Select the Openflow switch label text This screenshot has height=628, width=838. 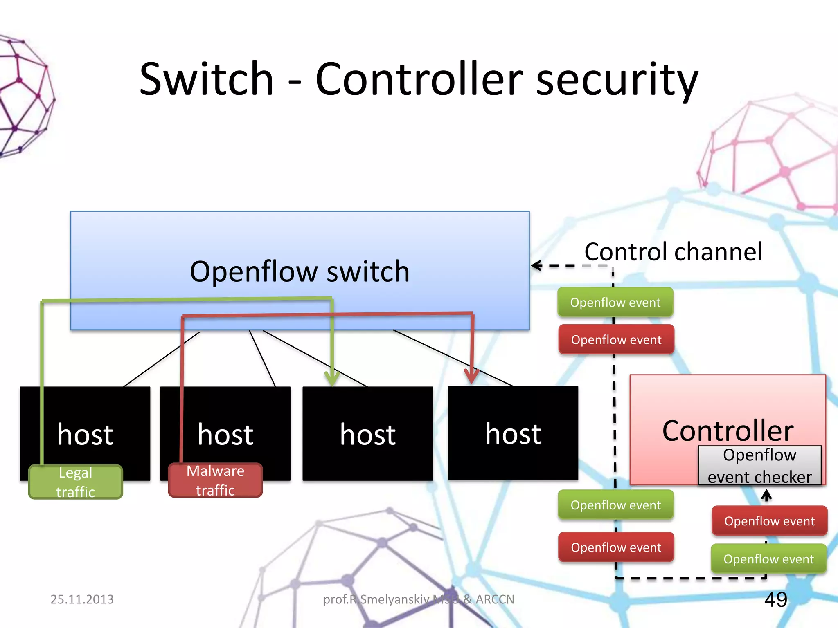click(x=300, y=271)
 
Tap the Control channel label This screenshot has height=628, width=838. click(x=673, y=251)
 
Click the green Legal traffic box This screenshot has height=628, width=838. click(x=76, y=482)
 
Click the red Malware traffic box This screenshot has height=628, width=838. click(x=215, y=480)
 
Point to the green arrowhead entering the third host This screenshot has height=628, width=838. click(x=332, y=378)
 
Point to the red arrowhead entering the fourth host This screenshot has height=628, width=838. click(x=472, y=375)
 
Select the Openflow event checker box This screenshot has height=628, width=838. click(x=759, y=466)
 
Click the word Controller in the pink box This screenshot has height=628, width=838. click(x=728, y=431)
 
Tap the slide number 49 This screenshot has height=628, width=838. click(x=775, y=599)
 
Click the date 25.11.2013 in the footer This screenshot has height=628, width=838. click(x=82, y=599)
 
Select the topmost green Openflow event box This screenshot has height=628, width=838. click(x=615, y=302)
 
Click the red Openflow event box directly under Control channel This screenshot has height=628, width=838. click(x=616, y=339)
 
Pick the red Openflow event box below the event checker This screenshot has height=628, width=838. click(x=769, y=521)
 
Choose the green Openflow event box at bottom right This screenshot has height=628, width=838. click(x=768, y=559)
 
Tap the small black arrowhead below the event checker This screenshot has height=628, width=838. click(x=766, y=495)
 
